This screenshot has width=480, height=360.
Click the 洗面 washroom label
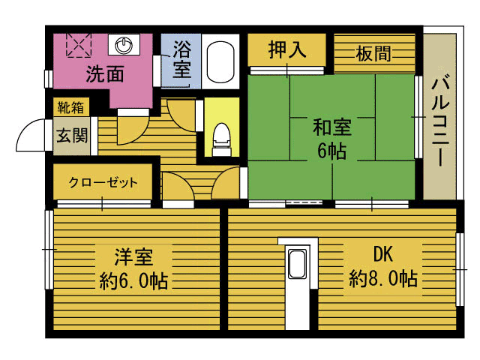pos(104,73)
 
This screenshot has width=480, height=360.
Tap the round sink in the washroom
pos(124,46)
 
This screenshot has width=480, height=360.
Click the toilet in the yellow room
pos(221,137)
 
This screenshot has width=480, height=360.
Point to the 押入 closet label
pos(287,52)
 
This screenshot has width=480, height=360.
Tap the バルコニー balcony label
pos(440,119)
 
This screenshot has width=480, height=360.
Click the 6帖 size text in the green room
pos(331,150)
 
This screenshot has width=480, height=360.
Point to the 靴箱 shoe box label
pos(70,108)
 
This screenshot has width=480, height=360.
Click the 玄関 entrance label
pos(71,136)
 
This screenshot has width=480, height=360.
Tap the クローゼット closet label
pos(103,181)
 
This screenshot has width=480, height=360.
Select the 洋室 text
pos(134,257)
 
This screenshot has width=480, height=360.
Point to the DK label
pos(382,253)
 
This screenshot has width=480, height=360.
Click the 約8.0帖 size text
pos(382,279)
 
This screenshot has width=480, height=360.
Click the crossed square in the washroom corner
pos(78,45)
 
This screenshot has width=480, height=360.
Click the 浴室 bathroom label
pos(181,61)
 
